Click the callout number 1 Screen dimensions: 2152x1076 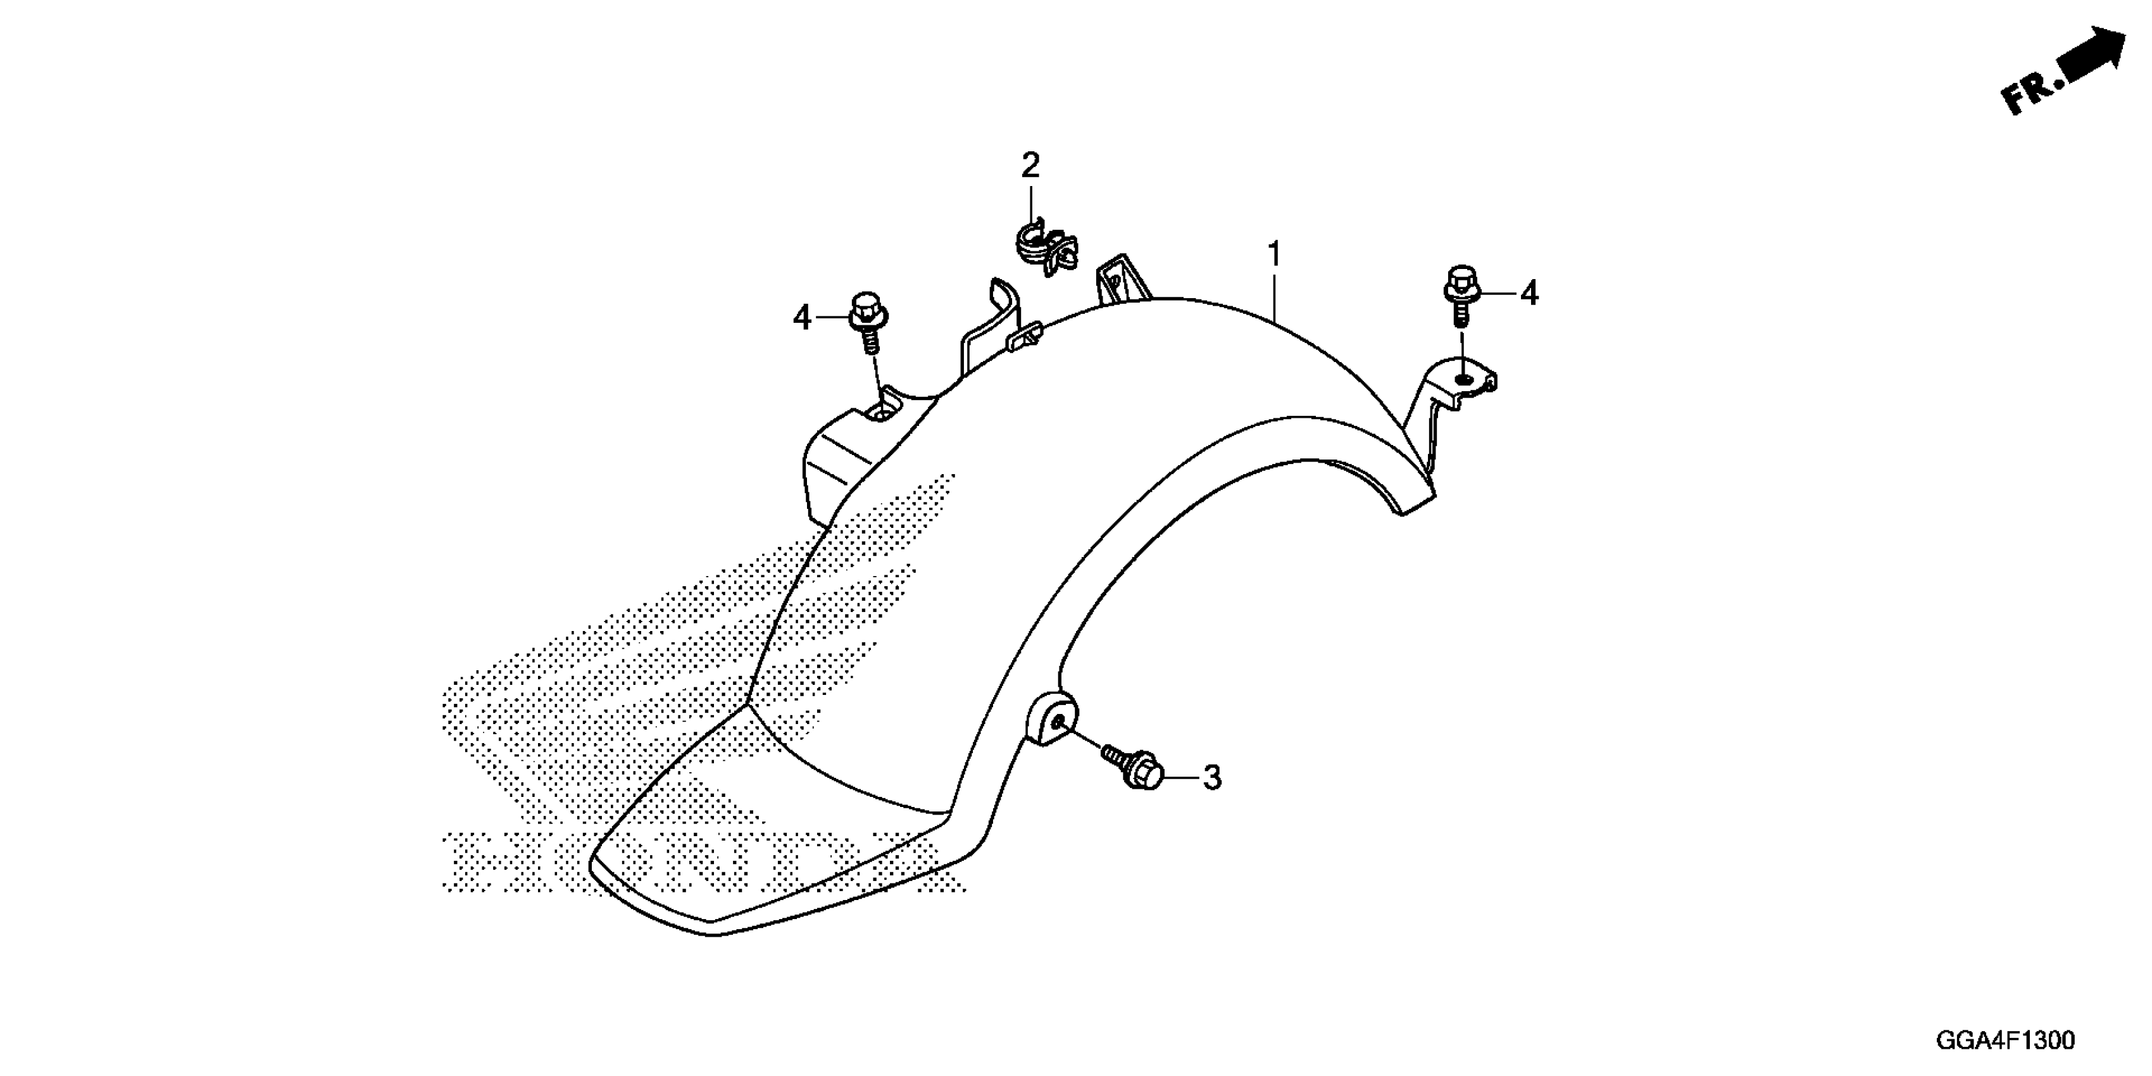pyautogui.click(x=1274, y=254)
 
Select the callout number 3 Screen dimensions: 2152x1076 pyautogui.click(x=1211, y=778)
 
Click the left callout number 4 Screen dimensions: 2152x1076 pyautogui.click(x=801, y=318)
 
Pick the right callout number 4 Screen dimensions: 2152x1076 pyautogui.click(x=1529, y=293)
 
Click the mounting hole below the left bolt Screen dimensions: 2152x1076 pyautogui.click(x=880, y=410)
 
